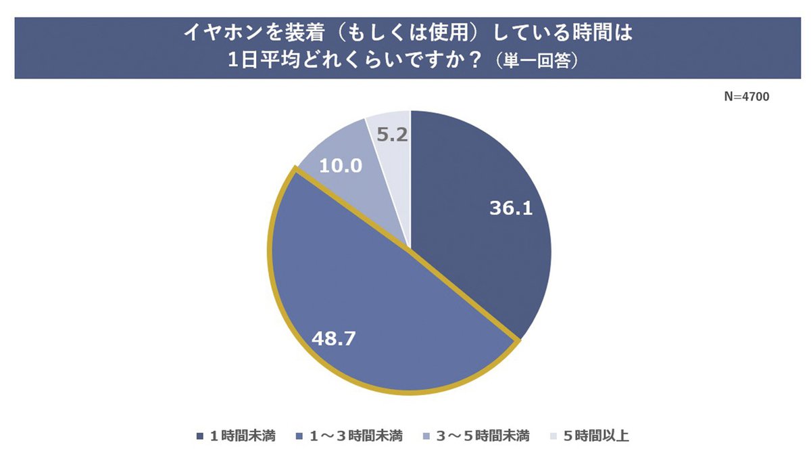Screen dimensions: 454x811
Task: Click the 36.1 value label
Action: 511,208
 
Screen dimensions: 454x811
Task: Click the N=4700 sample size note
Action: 746,97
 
